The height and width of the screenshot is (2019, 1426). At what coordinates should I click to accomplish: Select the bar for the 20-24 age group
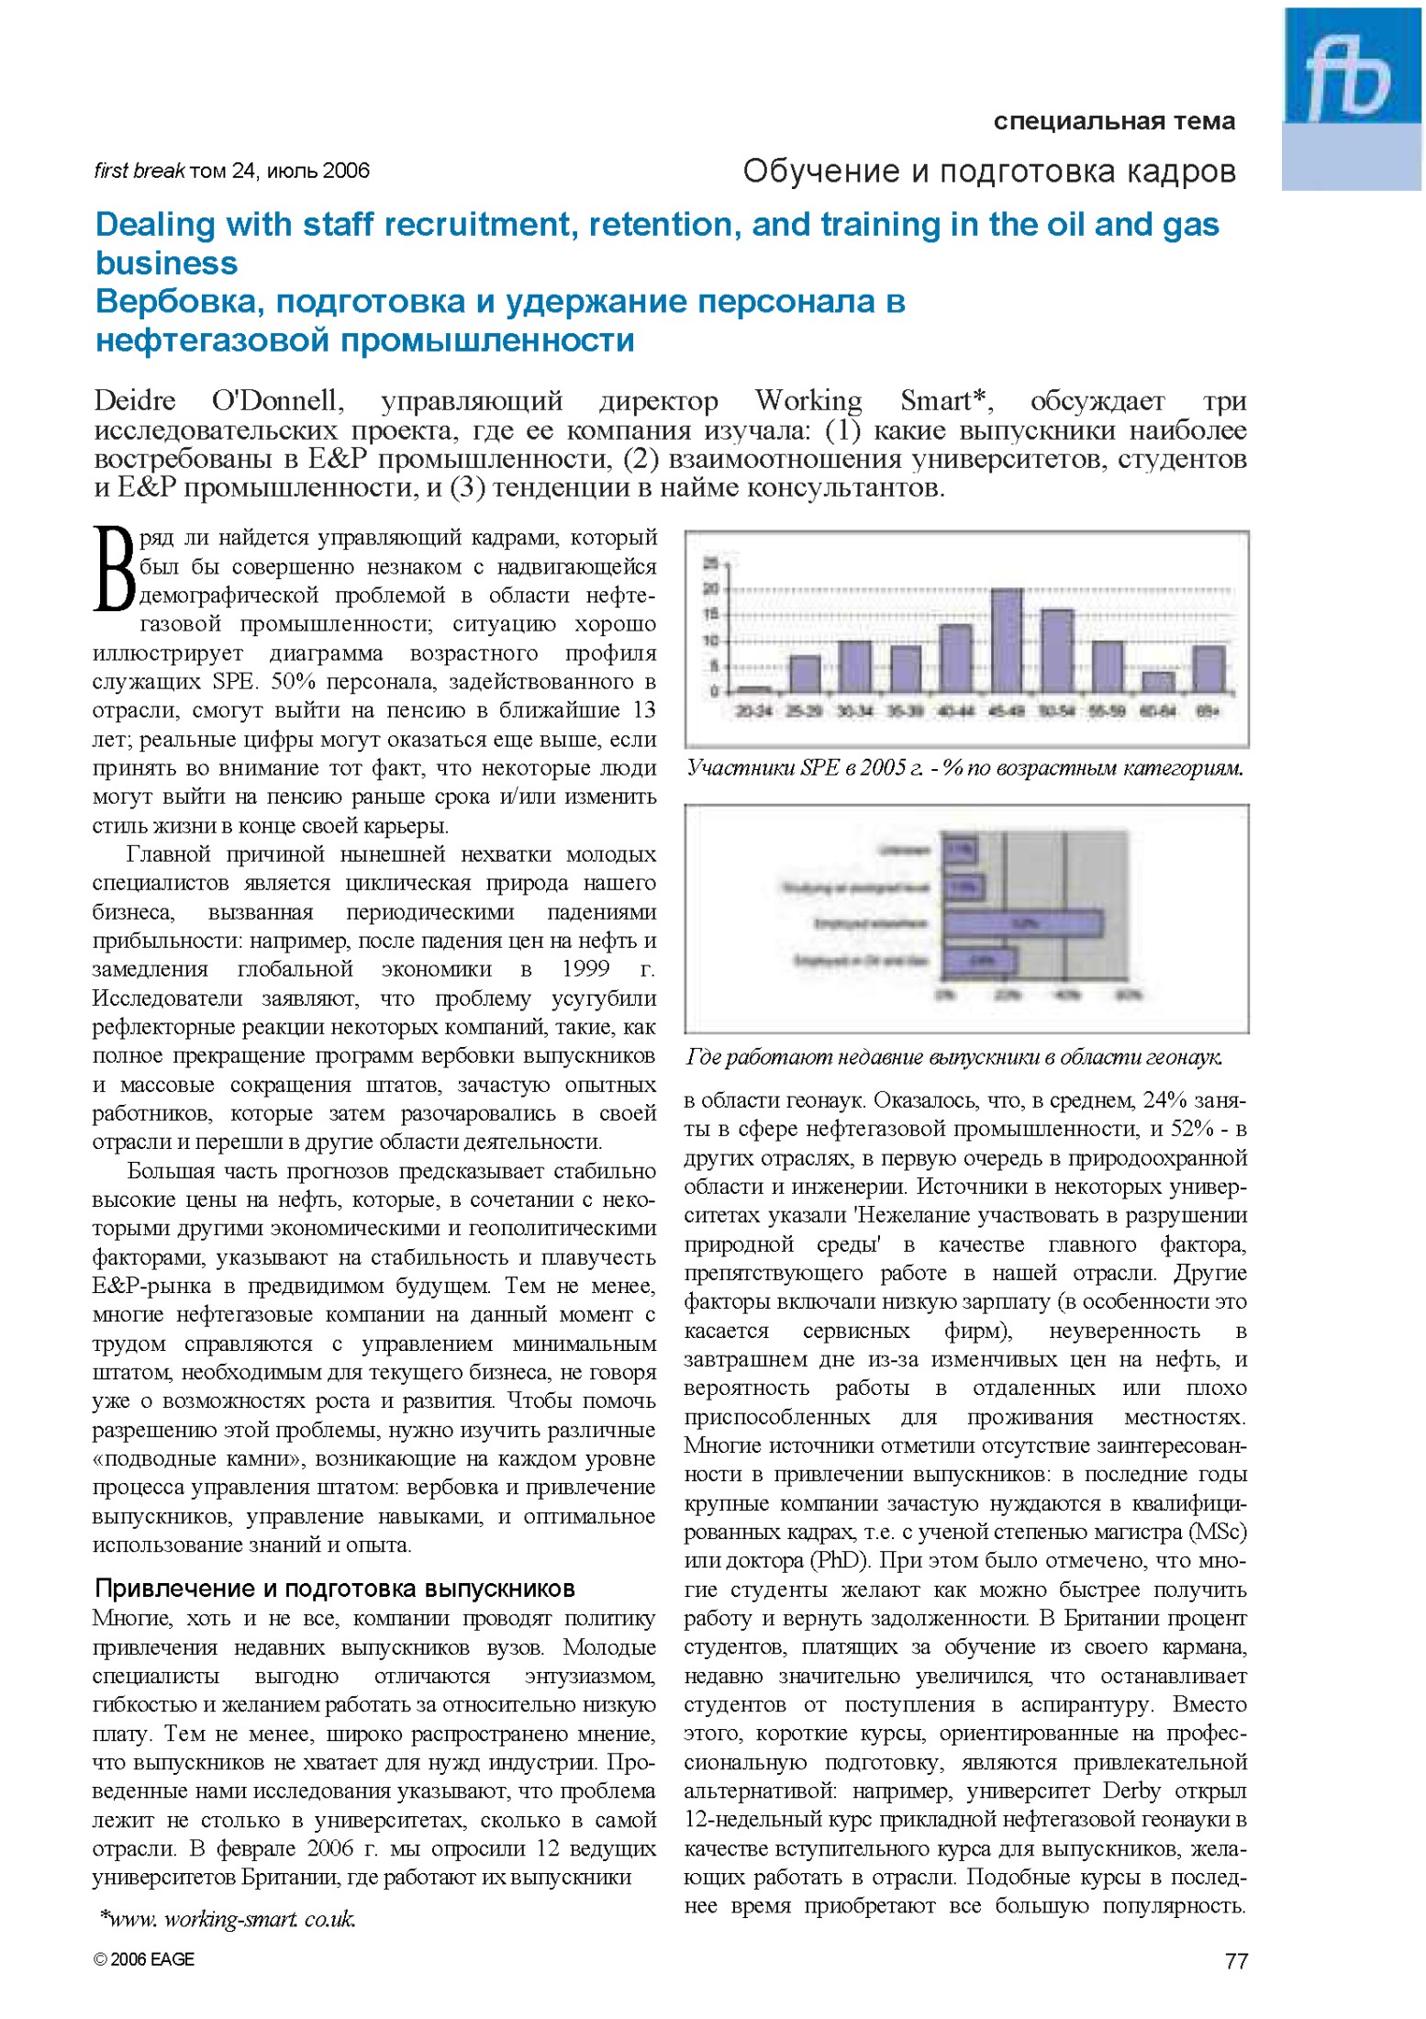(x=754, y=687)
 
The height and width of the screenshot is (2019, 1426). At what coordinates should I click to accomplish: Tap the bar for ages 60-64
(x=1158, y=681)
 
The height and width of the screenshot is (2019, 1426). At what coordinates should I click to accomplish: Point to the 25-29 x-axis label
(x=805, y=711)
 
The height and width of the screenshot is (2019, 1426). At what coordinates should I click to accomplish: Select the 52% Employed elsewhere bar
(x=1022, y=923)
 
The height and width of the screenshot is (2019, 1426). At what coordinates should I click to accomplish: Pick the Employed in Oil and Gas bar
(x=979, y=961)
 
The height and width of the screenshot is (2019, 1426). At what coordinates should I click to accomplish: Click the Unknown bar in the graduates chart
(x=959, y=850)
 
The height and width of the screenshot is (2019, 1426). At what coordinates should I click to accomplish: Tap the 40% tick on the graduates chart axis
(x=1065, y=995)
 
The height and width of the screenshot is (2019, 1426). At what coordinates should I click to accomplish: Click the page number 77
(x=1236, y=1961)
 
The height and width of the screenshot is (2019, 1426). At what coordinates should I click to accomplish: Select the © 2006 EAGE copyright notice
(x=144, y=1959)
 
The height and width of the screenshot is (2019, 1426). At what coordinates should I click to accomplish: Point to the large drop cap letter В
(x=115, y=568)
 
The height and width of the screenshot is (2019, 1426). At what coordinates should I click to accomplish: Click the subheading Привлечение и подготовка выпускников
(x=335, y=1589)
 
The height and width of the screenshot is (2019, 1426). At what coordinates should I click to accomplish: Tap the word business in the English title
(x=166, y=263)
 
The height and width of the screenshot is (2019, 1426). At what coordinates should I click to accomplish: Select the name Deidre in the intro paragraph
(x=134, y=401)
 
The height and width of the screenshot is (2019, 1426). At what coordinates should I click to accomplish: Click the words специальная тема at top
(x=1114, y=121)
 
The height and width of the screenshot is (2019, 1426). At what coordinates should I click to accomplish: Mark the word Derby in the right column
(x=1131, y=1790)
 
